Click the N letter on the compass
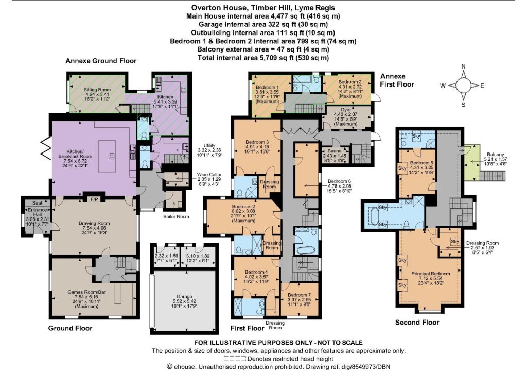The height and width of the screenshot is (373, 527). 464,66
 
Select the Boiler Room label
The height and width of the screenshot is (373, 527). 176,216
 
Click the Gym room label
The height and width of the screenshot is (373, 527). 345,110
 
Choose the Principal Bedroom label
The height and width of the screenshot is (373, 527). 431,274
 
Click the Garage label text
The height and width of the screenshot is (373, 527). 184,297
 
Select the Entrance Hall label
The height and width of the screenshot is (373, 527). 37,212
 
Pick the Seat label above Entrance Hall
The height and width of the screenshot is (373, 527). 37,203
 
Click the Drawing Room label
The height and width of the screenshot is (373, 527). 94,223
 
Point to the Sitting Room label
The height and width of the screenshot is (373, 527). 97,90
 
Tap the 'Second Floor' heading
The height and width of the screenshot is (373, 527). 417,322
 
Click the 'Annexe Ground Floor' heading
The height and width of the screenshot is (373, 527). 101,61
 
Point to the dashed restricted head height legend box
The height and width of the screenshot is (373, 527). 235,359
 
